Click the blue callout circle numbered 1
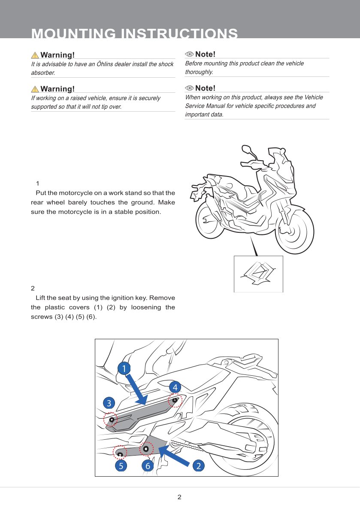[124, 368]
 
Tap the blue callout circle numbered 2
[199, 466]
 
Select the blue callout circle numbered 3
[109, 403]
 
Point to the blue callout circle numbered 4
[175, 387]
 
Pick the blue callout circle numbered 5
[121, 466]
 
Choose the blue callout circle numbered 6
[148, 466]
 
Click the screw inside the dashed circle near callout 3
[112, 420]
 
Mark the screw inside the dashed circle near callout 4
[175, 400]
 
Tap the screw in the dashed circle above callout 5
[120, 454]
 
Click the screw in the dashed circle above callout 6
[146, 449]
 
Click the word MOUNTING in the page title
[73, 33]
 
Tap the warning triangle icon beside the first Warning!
[35, 55]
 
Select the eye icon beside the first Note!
[189, 54]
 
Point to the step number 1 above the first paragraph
[37, 183]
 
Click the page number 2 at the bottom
[179, 497]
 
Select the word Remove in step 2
[162, 298]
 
